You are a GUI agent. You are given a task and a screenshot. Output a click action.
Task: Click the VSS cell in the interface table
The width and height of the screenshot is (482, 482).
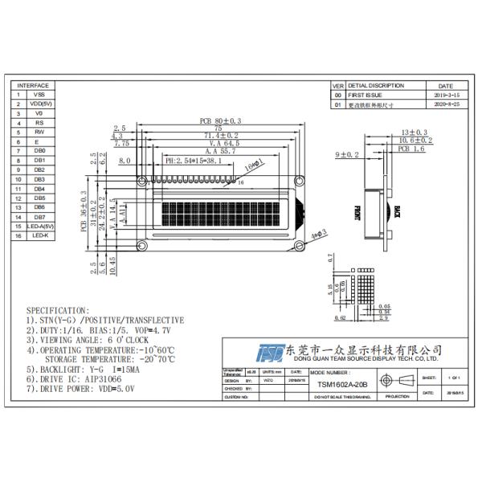pos(39,95)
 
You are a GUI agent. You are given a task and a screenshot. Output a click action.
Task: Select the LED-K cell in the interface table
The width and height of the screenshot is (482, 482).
pos(39,235)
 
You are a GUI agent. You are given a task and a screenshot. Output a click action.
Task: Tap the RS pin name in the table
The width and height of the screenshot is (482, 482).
pos(39,123)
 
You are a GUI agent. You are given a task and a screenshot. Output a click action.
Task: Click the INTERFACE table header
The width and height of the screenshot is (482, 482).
pos(33,85)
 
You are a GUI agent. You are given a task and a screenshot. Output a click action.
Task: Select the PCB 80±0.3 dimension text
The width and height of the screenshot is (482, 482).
pos(220,121)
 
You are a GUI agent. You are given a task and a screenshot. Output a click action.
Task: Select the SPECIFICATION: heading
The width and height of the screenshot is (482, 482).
pos(59,309)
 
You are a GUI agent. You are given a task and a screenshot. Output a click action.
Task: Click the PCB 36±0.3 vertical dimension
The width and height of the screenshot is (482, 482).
pos(83,211)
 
